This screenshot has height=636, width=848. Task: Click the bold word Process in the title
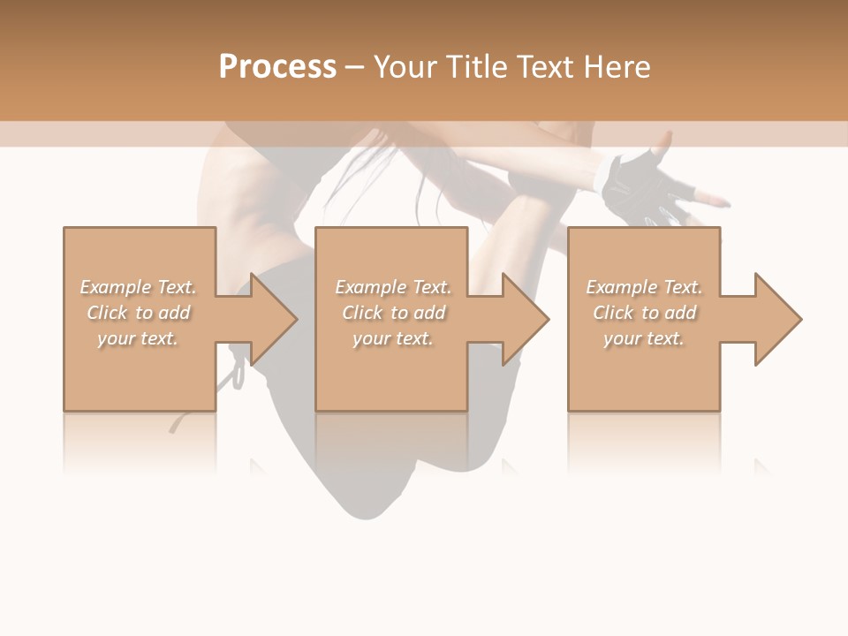tap(277, 67)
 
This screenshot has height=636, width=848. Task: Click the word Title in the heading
tap(475, 67)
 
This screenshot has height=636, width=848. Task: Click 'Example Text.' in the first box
tap(138, 287)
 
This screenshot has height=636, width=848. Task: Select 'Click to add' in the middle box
tap(393, 313)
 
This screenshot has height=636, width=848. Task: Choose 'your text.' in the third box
tap(644, 338)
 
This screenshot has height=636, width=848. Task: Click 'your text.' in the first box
tap(138, 338)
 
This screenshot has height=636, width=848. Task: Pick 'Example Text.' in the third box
tap(644, 287)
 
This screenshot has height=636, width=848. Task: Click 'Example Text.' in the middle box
tap(393, 287)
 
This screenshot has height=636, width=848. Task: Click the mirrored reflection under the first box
tap(140, 442)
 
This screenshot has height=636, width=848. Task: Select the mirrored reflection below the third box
tap(643, 442)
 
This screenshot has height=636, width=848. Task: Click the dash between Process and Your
tap(355, 67)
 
